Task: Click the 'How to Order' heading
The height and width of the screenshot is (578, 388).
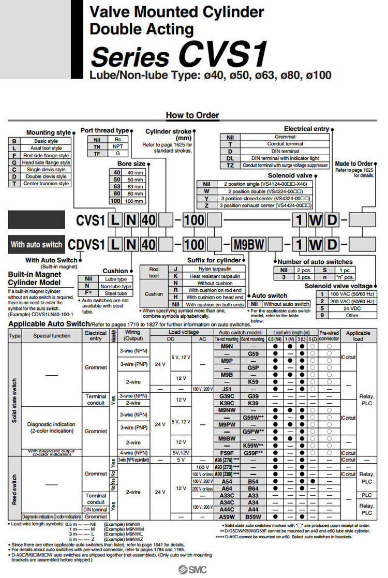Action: pyautogui.click(x=192, y=115)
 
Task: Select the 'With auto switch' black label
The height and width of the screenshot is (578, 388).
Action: pyautogui.click(x=36, y=244)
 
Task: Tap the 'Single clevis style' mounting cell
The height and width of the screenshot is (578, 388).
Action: pyautogui.click(x=46, y=169)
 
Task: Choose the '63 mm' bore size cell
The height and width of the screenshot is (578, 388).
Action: pyautogui.click(x=136, y=186)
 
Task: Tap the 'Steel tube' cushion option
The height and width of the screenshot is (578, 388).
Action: pyautogui.click(x=115, y=292)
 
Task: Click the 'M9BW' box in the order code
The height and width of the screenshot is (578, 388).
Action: pyautogui.click(x=247, y=244)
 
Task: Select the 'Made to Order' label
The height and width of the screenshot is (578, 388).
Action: pyautogui.click(x=354, y=164)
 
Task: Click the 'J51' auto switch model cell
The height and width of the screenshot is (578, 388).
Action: pyautogui.click(x=227, y=389)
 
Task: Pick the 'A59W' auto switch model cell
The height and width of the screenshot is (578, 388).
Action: pyautogui.click(x=227, y=516)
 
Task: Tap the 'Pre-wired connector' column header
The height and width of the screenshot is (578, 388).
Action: pyautogui.click(x=329, y=335)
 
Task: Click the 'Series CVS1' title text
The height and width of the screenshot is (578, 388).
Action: pyautogui.click(x=178, y=56)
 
